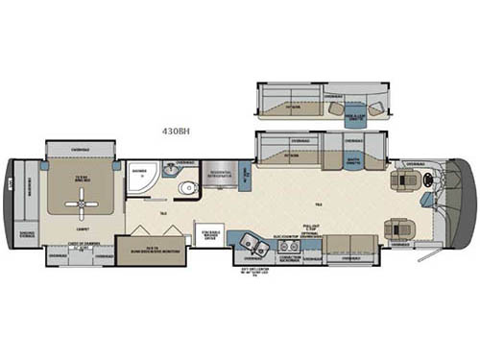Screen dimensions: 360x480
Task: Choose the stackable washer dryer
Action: pos(210,236)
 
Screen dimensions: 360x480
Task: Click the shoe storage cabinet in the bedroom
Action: pos(26,233)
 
